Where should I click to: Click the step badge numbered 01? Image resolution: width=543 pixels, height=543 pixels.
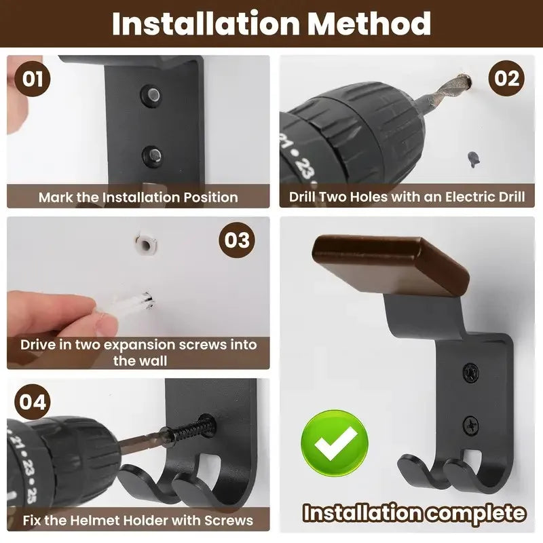(x=32, y=79)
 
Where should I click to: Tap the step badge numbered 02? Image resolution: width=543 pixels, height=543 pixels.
(x=506, y=78)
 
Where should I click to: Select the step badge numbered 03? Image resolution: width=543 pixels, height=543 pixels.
(x=237, y=240)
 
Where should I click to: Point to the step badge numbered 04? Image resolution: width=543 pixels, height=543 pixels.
(x=33, y=402)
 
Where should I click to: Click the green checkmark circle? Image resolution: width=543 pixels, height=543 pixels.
(x=335, y=443)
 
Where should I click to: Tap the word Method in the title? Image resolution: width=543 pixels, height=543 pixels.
(x=369, y=24)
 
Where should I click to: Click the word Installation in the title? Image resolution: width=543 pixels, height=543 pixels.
(x=206, y=24)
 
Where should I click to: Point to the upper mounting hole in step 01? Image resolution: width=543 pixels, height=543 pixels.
(x=151, y=95)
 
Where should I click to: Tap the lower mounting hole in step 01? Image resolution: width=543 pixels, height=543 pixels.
(x=152, y=157)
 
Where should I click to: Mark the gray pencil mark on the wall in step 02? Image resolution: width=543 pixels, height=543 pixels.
(x=473, y=160)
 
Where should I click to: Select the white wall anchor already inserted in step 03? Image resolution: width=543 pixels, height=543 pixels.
(x=146, y=244)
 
